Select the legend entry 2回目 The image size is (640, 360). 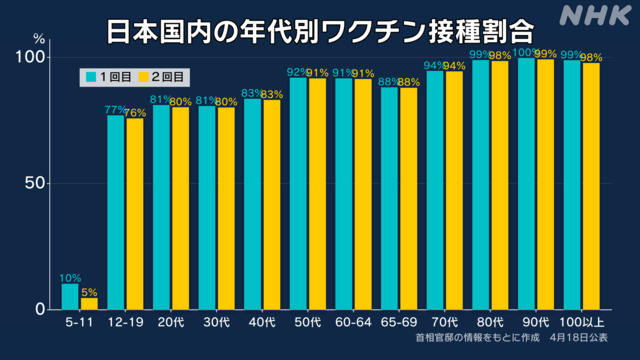pos(165,75)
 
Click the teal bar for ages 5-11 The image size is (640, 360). pos(70,296)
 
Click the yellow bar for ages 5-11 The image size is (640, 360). pos(89,303)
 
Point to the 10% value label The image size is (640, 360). pos(71,278)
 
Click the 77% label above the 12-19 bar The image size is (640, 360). pos(115,110)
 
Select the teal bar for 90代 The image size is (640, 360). pos(526,184)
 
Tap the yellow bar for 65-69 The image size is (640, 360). pos(409,199)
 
